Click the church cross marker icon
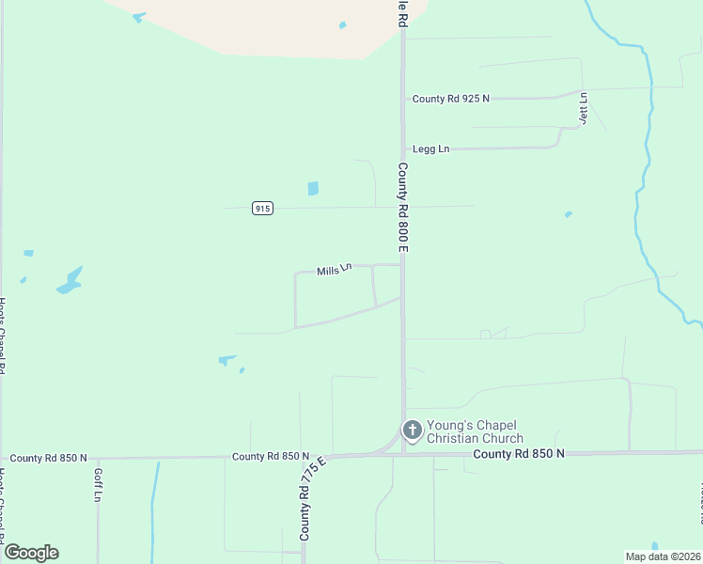[412, 431]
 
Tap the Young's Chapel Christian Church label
[475, 431]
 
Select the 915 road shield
[263, 209]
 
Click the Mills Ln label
[334, 270]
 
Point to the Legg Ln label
[431, 149]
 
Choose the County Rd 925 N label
[450, 99]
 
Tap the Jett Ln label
[583, 108]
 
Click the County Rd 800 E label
[402, 207]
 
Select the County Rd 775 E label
[311, 497]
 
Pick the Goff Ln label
[97, 484]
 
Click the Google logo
[31, 553]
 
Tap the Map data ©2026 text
[663, 556]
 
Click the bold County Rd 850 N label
[519, 453]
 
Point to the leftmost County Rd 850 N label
[49, 458]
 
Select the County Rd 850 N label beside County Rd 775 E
[272, 456]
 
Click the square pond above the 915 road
[313, 188]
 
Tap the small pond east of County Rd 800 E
[569, 214]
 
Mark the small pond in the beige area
[343, 24]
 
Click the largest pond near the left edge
[70, 281]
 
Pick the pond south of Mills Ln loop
[227, 358]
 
